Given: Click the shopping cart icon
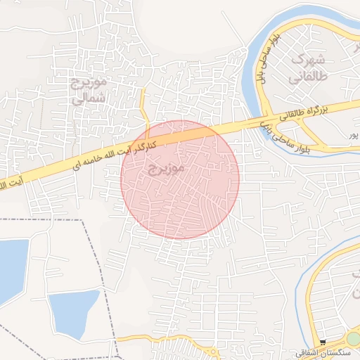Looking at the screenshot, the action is click(323, 342).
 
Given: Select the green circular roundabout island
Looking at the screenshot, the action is click(353, 339).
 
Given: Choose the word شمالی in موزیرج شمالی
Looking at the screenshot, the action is click(89, 98).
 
